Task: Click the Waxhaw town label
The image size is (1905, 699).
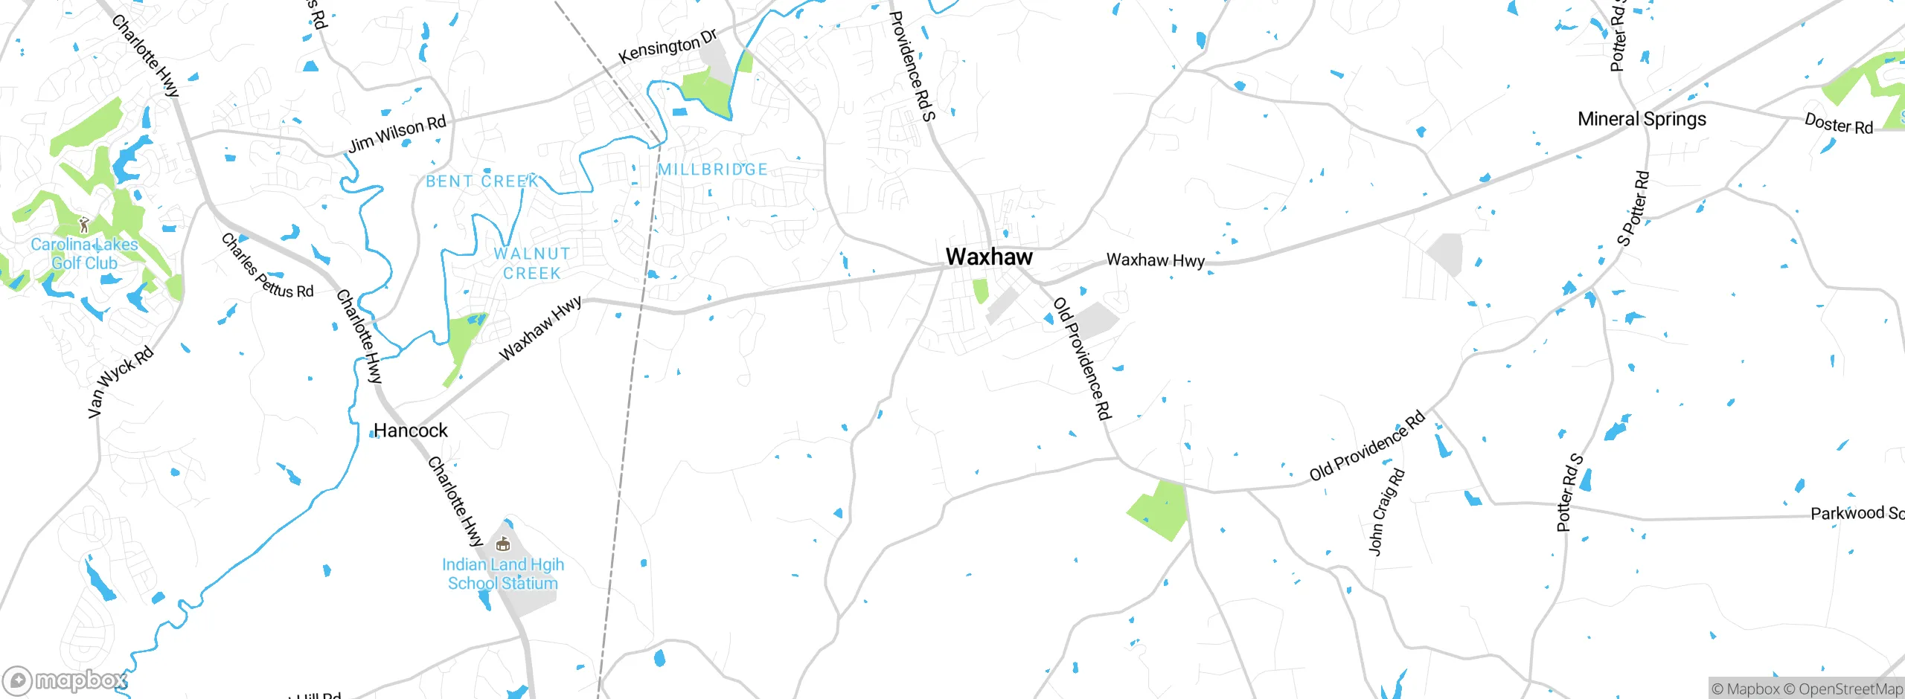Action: click(x=989, y=257)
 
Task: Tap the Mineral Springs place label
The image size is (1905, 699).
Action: click(x=1642, y=119)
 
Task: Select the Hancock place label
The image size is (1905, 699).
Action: click(x=410, y=431)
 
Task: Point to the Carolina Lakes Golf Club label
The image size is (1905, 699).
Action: click(x=84, y=254)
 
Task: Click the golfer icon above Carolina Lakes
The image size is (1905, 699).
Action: click(x=84, y=225)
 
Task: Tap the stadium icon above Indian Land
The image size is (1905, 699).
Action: click(x=503, y=544)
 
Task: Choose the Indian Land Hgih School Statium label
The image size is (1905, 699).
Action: click(x=503, y=574)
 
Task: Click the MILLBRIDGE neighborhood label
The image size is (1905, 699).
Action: click(x=712, y=170)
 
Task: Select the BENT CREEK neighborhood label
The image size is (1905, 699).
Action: click(x=482, y=181)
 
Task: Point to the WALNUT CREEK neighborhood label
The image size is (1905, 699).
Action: click(x=531, y=263)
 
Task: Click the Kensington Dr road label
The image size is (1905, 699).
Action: click(x=667, y=46)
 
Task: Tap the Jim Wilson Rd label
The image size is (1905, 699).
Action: click(x=397, y=134)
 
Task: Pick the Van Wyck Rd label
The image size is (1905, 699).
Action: click(x=120, y=382)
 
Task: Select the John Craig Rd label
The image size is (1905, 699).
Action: click(x=1386, y=512)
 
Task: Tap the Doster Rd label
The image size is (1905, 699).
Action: click(x=1839, y=123)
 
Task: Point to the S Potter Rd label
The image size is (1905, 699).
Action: click(x=1633, y=209)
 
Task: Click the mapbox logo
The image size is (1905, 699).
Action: click(x=65, y=680)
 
